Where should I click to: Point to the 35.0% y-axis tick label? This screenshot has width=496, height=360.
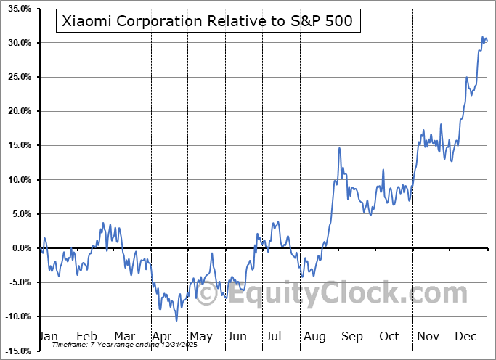pos(17,9)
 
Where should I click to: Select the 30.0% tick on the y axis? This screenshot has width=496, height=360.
pos(17,43)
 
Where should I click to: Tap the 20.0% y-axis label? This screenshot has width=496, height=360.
pos(17,111)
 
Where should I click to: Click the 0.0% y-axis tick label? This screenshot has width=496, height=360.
pos(19,248)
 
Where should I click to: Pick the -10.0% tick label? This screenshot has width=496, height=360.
pos(15,316)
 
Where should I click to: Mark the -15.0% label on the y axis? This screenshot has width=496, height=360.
pos(15,351)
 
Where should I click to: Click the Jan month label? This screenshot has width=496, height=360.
pos(47,337)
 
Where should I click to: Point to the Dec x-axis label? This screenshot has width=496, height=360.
pos(465,337)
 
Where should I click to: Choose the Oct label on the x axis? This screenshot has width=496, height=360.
pos(389,337)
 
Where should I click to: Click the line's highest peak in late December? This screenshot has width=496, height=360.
pos(482,37)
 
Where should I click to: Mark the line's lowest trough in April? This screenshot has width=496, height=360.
pos(176,320)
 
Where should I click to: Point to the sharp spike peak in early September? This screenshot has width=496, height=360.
pos(338,148)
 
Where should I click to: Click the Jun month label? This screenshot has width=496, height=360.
pos(237,337)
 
